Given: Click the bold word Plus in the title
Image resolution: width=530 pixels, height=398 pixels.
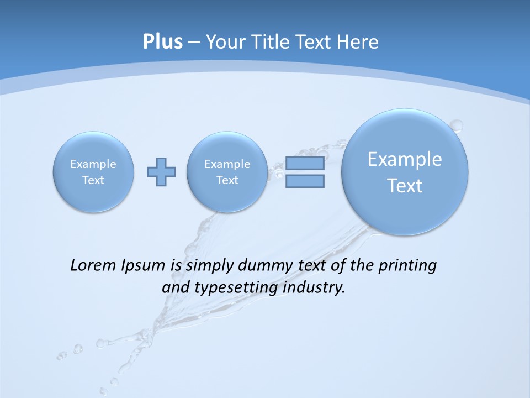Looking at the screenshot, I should [162, 42].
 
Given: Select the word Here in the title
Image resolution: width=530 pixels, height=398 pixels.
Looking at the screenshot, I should [358, 42].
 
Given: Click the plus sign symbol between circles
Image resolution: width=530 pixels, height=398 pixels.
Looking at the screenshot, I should [161, 172].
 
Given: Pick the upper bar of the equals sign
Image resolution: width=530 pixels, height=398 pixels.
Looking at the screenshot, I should [305, 164].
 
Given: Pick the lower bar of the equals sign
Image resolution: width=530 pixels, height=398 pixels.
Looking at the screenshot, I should [305, 181].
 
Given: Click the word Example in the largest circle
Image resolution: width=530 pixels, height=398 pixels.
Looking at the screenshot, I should [405, 159].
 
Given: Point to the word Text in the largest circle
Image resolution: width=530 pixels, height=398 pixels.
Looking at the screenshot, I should [405, 186].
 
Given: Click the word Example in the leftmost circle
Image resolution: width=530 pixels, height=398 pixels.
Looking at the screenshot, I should [93, 164].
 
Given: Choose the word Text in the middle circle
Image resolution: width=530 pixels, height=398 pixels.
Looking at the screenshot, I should [227, 180].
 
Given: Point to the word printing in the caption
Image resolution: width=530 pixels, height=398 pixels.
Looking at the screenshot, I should [409, 266].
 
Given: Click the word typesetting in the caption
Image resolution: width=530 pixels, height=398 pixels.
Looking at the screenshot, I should [236, 288].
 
